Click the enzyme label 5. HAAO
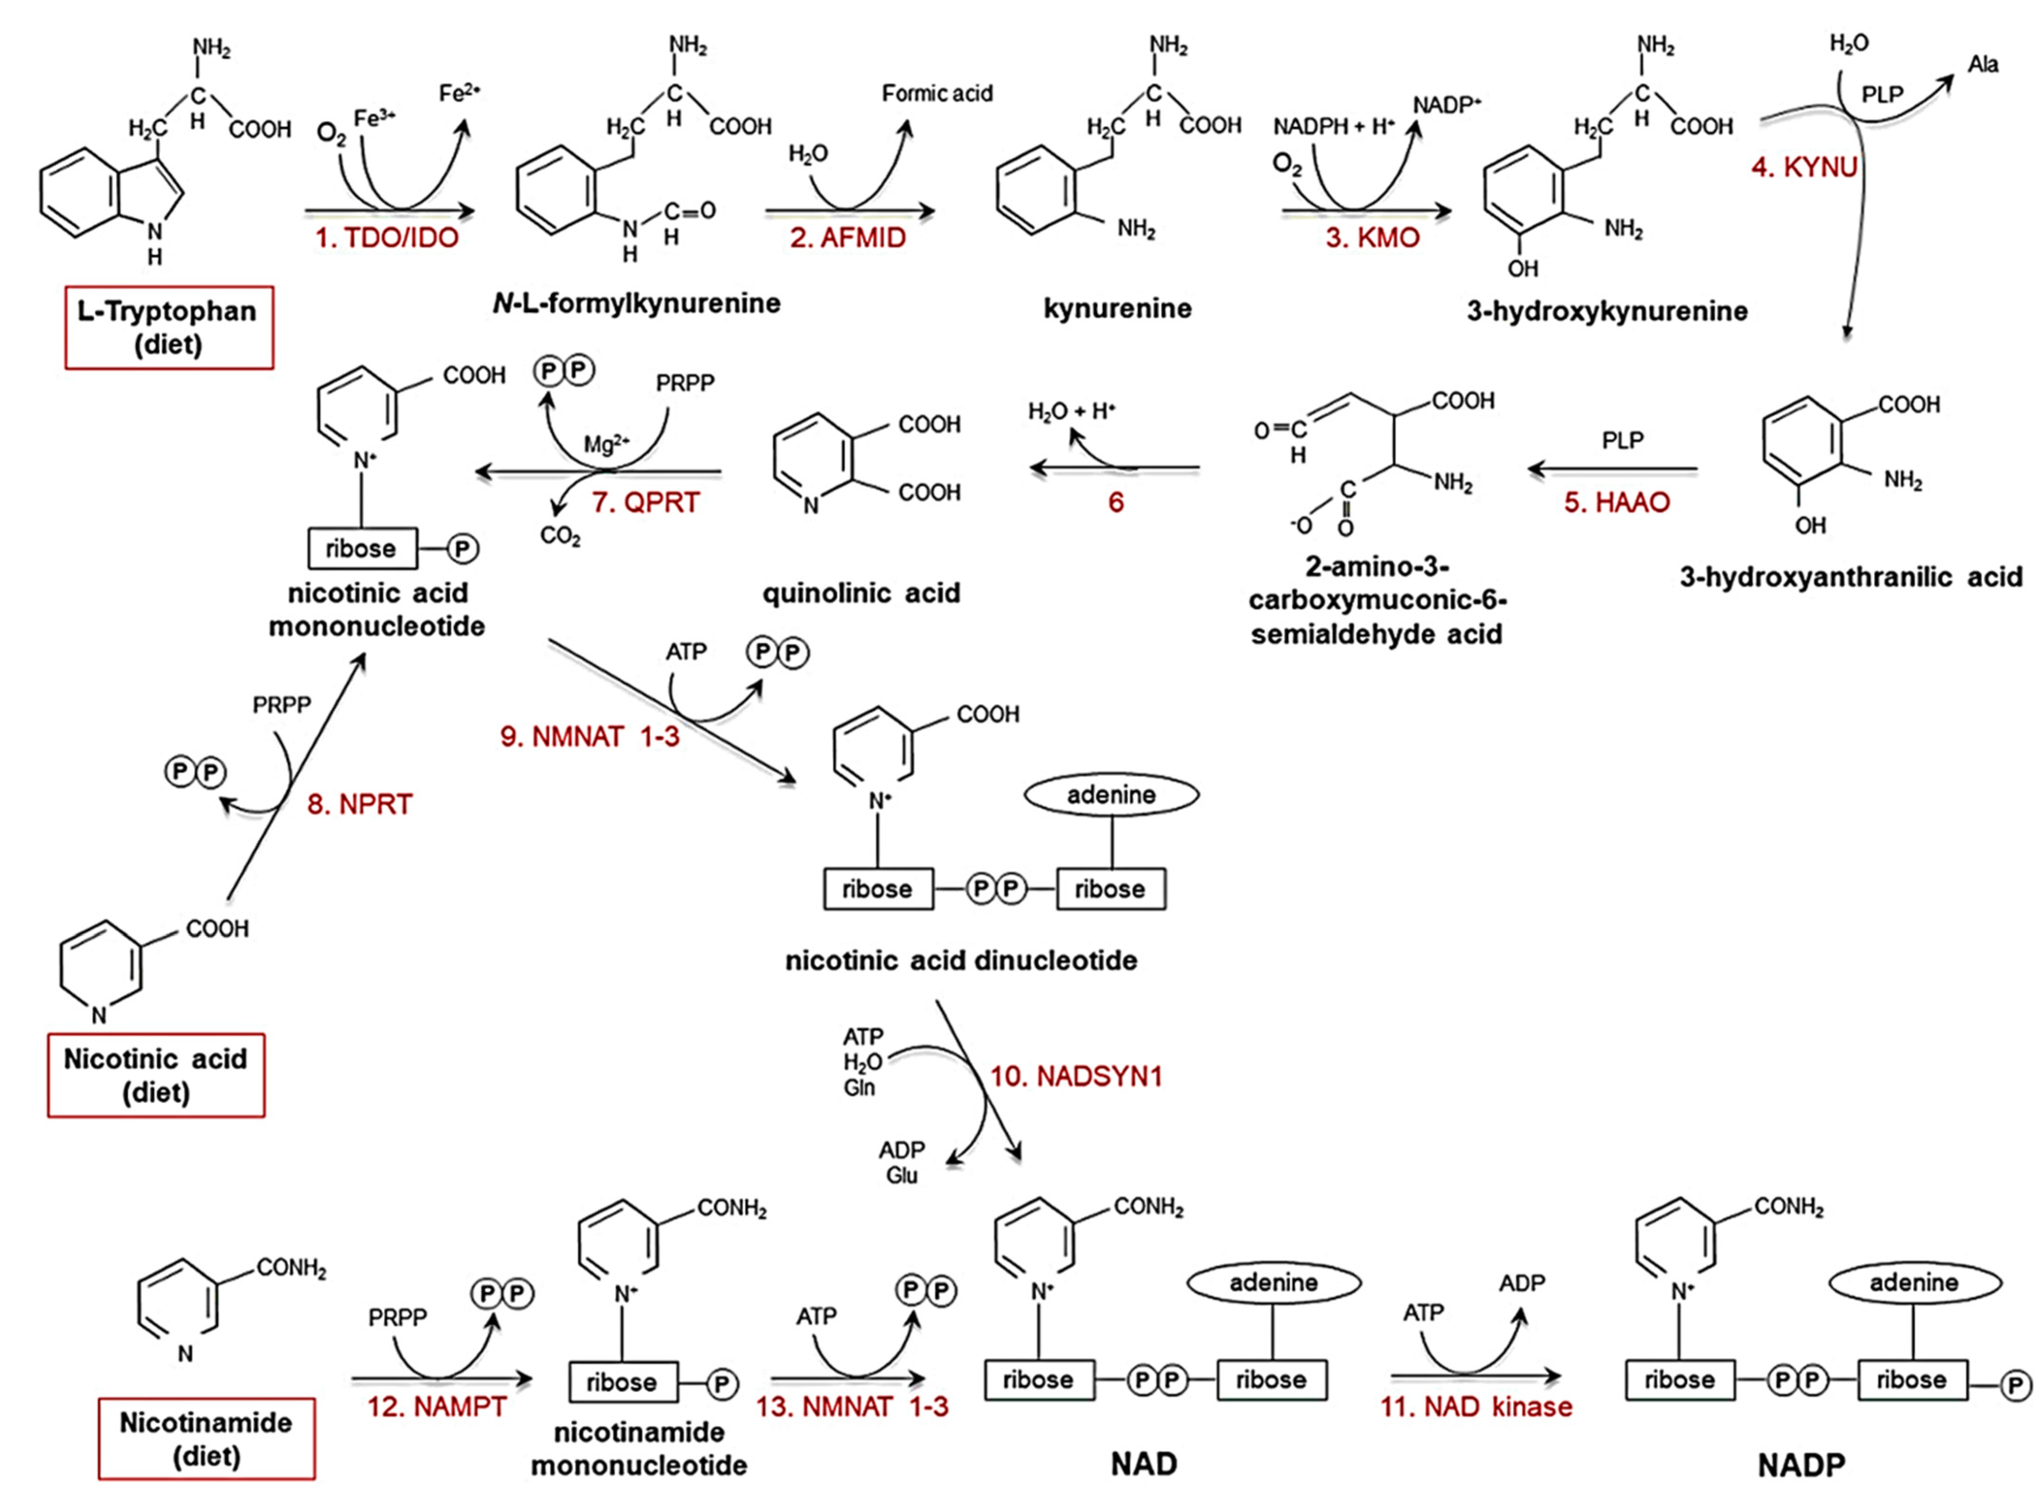pos(1616,502)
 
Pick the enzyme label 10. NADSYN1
pos(1076,1076)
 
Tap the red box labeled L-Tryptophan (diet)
pos(169,327)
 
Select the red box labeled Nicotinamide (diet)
pos(207,1438)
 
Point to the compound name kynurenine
pos(1117,309)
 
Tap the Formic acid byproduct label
pos(936,94)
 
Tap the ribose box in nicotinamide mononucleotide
pos(622,1382)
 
